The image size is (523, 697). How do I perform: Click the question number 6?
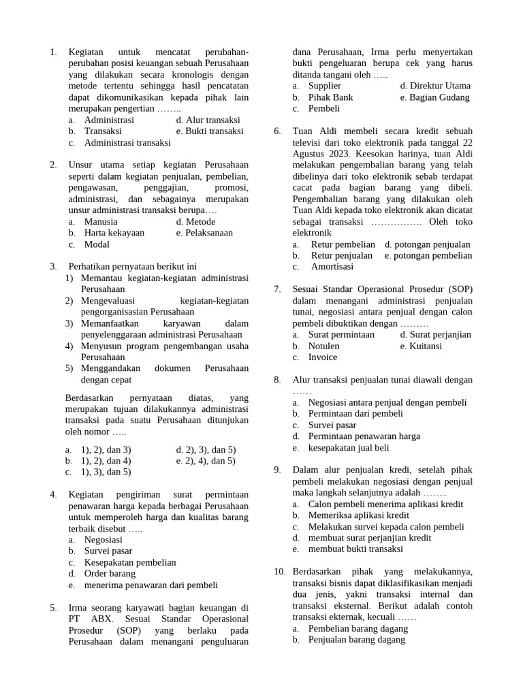[277, 131]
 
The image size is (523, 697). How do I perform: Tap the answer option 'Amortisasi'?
[332, 267]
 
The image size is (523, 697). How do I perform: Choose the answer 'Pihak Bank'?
[330, 97]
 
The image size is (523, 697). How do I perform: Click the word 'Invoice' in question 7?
[323, 357]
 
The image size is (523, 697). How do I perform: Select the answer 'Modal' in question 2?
[97, 244]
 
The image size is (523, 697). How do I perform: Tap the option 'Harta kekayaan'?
[114, 233]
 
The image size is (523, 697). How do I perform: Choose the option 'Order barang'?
[110, 573]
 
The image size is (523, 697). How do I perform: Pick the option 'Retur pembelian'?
[343, 244]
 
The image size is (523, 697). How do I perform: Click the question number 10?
[279, 572]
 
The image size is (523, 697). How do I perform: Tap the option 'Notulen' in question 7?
[324, 346]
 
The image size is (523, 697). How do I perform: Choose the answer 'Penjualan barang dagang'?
[356, 640]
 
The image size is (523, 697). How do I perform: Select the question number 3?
[53, 267]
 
